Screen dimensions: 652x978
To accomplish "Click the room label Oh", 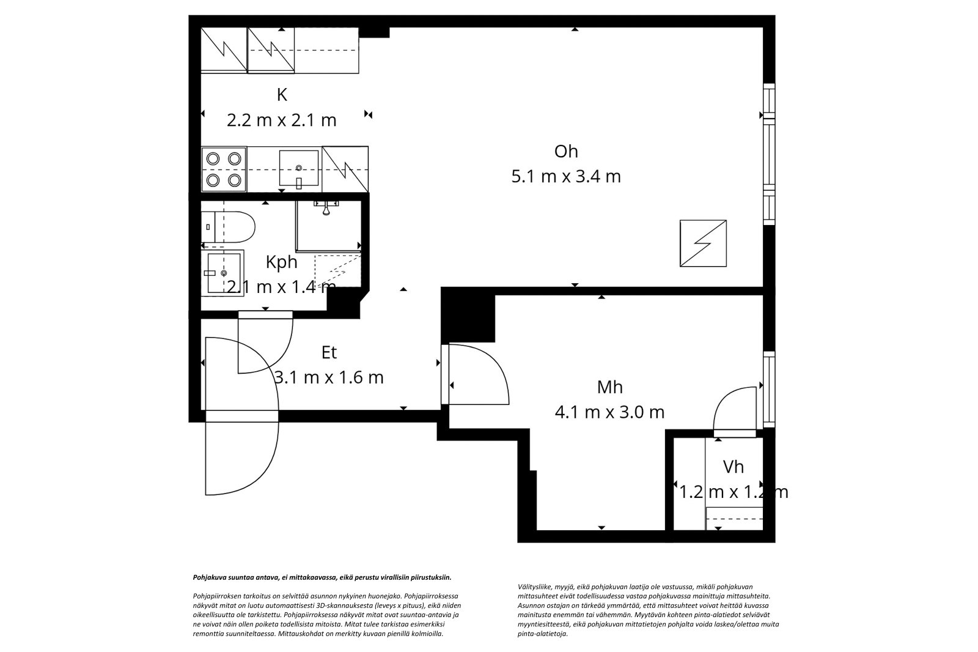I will [565, 151].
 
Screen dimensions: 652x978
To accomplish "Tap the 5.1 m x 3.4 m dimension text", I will [565, 177].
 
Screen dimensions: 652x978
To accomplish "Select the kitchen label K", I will [282, 95].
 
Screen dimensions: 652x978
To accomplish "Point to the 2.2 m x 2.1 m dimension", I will [282, 120].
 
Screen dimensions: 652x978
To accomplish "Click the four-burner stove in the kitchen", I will [223, 169].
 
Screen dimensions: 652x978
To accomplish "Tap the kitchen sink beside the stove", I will [298, 168].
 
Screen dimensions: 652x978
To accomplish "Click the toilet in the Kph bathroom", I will [229, 226].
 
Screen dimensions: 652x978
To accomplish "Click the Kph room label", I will [282, 262].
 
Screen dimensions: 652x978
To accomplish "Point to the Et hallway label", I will [329, 352].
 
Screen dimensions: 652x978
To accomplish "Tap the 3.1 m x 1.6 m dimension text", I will [329, 377].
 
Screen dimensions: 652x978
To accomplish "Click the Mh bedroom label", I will [609, 387].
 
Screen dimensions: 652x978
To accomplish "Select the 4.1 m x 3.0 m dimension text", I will [609, 412].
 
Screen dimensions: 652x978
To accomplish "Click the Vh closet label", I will [733, 467].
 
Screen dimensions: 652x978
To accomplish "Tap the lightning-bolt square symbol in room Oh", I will [704, 243].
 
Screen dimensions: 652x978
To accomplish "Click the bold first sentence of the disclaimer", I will [322, 577].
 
